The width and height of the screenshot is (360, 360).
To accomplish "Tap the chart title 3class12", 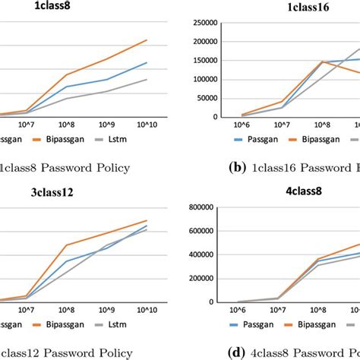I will click(x=74, y=193).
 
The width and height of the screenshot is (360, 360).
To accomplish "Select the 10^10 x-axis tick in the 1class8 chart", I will click(x=147, y=123).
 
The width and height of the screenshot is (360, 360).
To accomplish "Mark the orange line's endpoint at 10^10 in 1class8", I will click(x=147, y=40).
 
